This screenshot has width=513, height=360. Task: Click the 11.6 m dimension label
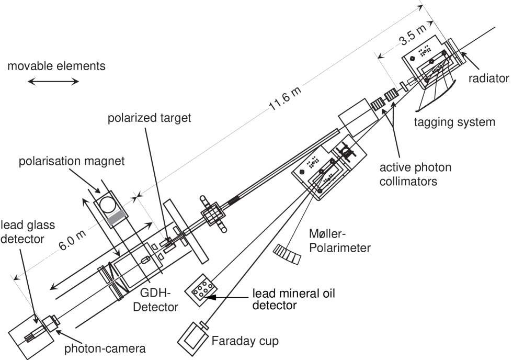pyautogui.click(x=287, y=99)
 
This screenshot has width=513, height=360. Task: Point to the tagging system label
pyautogui.click(x=454, y=123)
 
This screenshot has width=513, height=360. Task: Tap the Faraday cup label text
pyautogui.click(x=245, y=342)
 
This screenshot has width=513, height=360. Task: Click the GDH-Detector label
pyautogui.click(x=157, y=300)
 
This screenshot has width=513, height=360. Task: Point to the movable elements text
pyautogui.click(x=56, y=66)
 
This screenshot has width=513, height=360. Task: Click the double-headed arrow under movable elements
pyautogui.click(x=53, y=81)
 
